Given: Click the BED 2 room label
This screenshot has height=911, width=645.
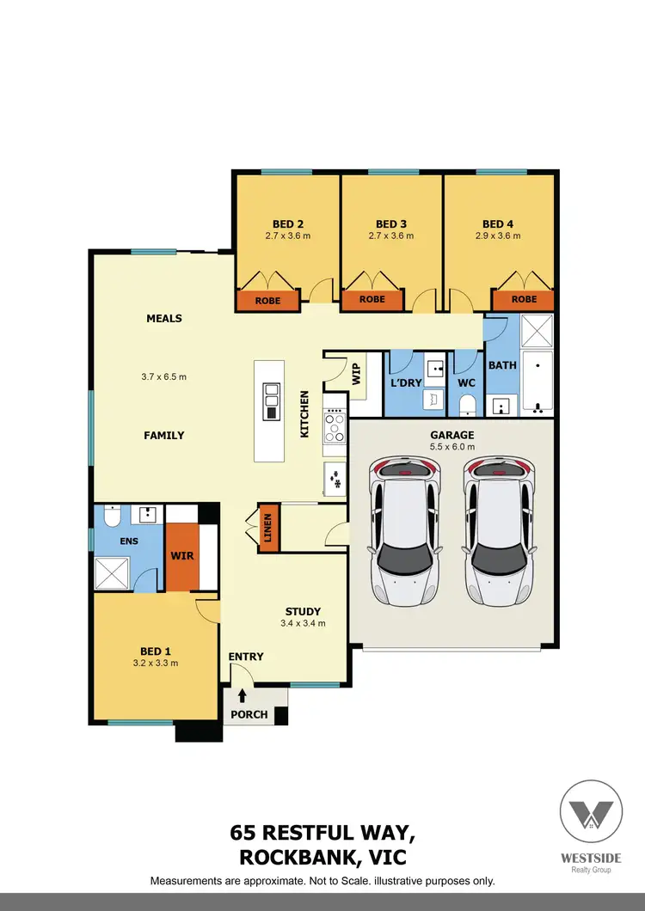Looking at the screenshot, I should (x=288, y=223).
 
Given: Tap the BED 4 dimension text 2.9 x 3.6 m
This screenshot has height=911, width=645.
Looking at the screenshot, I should (x=498, y=235).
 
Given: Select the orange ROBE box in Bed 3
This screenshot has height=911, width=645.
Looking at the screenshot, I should (x=372, y=300).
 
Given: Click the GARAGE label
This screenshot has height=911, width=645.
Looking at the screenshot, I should (x=452, y=435).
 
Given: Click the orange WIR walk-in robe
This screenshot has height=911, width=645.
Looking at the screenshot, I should (x=182, y=556).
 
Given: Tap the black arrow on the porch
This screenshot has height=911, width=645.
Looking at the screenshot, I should (x=243, y=695).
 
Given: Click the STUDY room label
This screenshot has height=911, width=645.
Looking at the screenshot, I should (x=303, y=612).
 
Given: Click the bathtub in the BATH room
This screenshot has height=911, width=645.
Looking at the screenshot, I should (x=539, y=380).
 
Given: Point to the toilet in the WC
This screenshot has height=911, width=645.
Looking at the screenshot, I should (x=468, y=404).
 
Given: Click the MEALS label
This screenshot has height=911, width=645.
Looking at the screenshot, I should (x=164, y=318).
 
